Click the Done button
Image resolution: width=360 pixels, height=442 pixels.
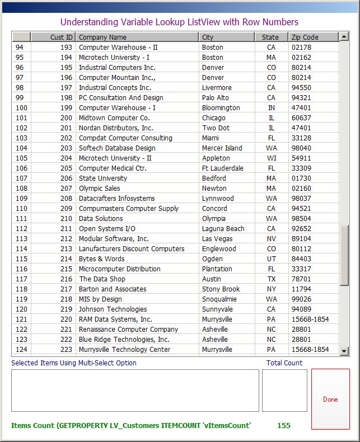click(330, 399)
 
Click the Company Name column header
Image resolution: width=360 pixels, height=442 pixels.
click(137, 37)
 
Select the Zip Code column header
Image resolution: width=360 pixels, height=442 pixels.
click(314, 37)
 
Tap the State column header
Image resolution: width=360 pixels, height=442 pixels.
click(271, 37)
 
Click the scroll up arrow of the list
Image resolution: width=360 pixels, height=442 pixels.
click(344, 37)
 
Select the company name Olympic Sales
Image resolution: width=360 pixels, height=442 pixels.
click(99, 189)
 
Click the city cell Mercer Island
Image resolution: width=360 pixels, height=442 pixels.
click(222, 148)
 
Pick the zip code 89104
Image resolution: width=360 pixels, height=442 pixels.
click(301, 239)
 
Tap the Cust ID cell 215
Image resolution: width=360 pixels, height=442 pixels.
click(66, 269)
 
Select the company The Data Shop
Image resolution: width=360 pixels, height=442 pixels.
click(102, 279)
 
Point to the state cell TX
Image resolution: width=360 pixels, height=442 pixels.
click(272, 279)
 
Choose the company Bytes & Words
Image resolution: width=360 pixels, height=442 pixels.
click(101, 259)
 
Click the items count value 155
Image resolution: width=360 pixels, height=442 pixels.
click(284, 425)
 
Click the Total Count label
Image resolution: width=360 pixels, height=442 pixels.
click(284, 363)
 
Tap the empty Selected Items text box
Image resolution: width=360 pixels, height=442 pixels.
click(135, 390)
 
